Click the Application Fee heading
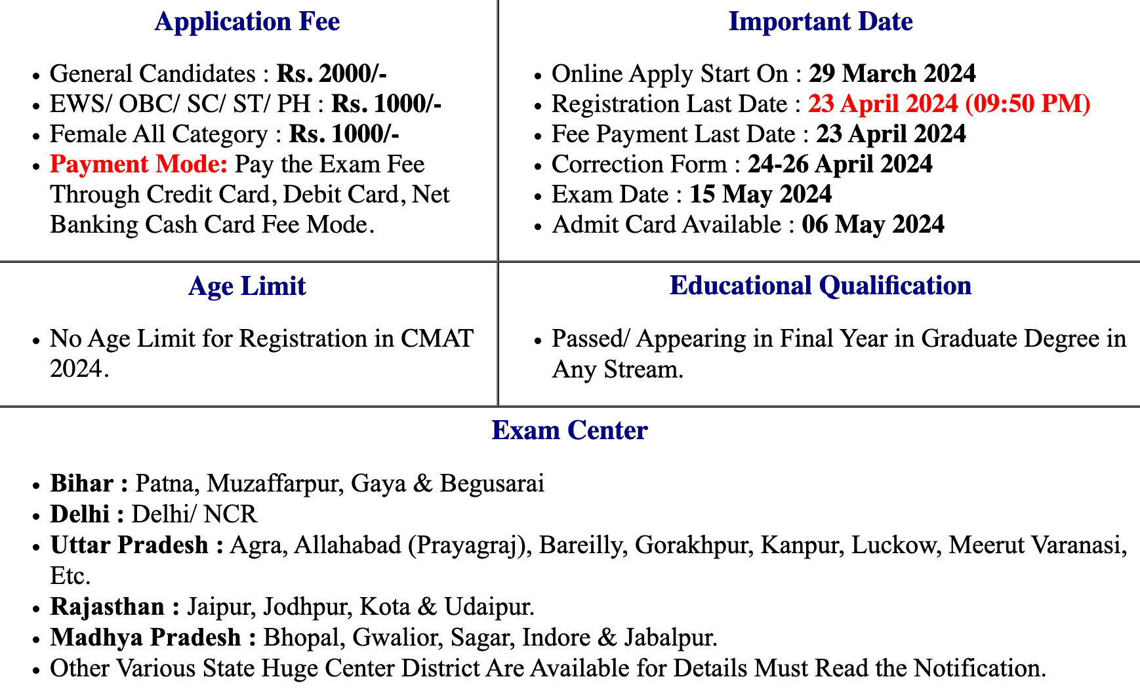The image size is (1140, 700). pyautogui.click(x=247, y=22)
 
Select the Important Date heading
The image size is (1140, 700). pyautogui.click(x=820, y=22)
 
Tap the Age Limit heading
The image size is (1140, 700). pyautogui.click(x=247, y=286)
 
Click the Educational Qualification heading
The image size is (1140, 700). pyautogui.click(x=820, y=286)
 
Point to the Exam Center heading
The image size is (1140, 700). pyautogui.click(x=569, y=431)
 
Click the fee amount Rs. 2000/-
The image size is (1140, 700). pyautogui.click(x=331, y=74)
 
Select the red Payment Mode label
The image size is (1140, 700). pyautogui.click(x=139, y=165)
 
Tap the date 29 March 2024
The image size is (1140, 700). pyautogui.click(x=892, y=74)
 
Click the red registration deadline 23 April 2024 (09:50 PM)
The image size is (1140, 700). pyautogui.click(x=948, y=104)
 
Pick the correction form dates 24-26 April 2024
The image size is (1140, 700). pyautogui.click(x=840, y=165)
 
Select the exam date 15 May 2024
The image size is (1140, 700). pyautogui.click(x=760, y=195)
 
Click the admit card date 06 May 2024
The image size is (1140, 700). pyautogui.click(x=872, y=225)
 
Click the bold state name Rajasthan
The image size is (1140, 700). pyautogui.click(x=108, y=607)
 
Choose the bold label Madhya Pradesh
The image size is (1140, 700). pyautogui.click(x=146, y=638)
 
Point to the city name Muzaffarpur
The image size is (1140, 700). pyautogui.click(x=275, y=484)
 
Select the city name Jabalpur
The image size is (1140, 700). pyautogui.click(x=669, y=638)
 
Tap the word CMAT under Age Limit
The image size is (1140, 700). pyautogui.click(x=437, y=339)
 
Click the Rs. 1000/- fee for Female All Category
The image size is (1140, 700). pyautogui.click(x=344, y=134)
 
